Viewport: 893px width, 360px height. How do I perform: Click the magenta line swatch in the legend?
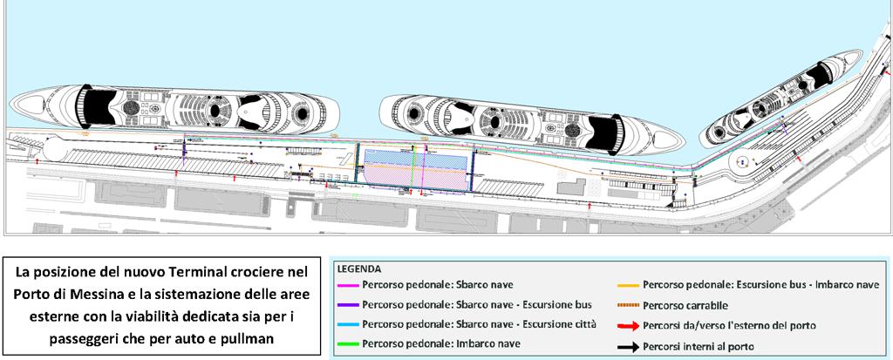click(348, 284)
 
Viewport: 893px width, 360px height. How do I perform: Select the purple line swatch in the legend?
click(348, 305)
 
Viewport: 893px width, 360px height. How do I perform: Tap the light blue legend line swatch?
click(348, 324)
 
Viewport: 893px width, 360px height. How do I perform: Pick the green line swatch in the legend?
click(348, 344)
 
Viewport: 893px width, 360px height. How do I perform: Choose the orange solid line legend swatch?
click(629, 284)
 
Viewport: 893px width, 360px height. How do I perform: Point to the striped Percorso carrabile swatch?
click(629, 306)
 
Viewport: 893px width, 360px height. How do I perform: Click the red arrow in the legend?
click(629, 326)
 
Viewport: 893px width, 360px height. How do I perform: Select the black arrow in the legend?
click(629, 346)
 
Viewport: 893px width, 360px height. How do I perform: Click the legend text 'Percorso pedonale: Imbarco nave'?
click(440, 343)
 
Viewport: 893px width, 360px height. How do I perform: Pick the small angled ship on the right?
click(781, 98)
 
